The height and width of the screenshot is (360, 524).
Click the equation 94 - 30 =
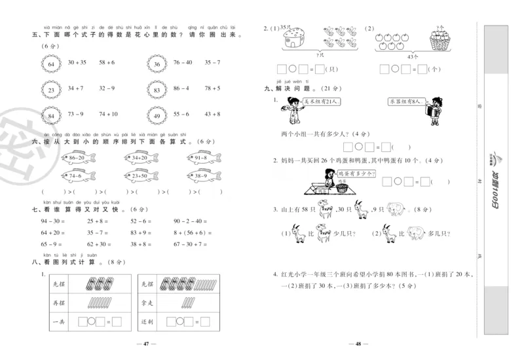pos(52,221)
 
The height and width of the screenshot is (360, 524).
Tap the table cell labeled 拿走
pos(147,302)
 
